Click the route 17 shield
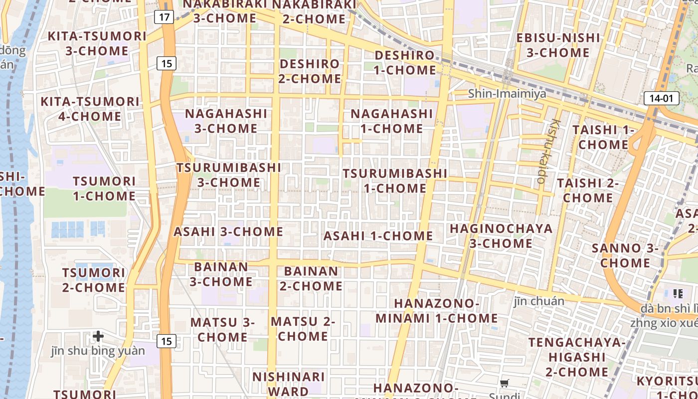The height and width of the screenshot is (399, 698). (x=165, y=17)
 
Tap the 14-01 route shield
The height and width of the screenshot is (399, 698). (x=662, y=98)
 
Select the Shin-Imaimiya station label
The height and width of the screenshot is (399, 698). (x=507, y=94)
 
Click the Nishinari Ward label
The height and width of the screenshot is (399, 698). (x=289, y=384)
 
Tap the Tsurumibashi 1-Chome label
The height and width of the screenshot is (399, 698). (x=395, y=181)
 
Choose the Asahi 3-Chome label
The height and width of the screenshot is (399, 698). (x=228, y=232)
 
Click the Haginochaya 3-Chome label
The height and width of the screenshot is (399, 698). (x=501, y=236)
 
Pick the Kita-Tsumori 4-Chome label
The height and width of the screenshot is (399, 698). (x=90, y=109)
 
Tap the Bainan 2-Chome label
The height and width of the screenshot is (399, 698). (x=311, y=279)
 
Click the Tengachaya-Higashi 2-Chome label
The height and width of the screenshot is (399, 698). (x=576, y=357)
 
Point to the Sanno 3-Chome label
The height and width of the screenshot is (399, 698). (x=625, y=255)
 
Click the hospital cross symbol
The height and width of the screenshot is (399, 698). (x=98, y=336)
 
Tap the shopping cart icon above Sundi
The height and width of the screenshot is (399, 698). (x=504, y=383)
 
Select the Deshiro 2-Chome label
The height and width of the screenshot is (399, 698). (x=310, y=71)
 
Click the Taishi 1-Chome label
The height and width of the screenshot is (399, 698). (x=603, y=137)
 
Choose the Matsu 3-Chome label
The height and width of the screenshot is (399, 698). (x=222, y=329)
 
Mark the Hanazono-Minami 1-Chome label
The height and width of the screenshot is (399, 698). (x=437, y=311)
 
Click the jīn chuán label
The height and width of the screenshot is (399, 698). (x=539, y=301)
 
